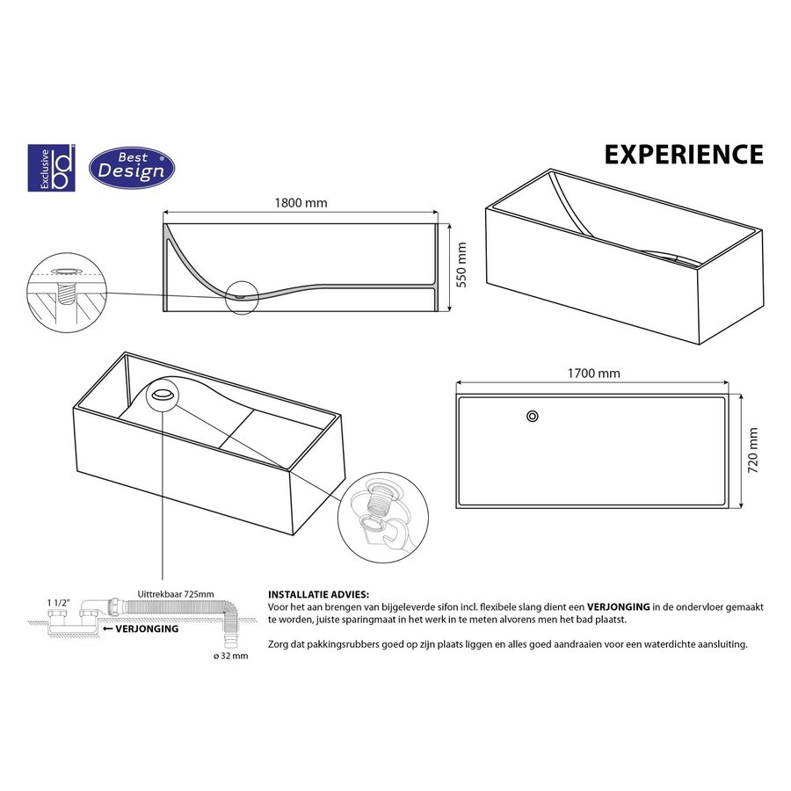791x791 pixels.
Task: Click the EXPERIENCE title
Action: [x=683, y=154]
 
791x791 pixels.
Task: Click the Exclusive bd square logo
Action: [x=52, y=167]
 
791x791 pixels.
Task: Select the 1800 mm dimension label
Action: [x=301, y=203]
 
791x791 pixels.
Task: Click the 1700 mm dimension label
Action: [x=593, y=373]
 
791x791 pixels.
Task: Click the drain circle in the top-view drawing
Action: [x=532, y=416]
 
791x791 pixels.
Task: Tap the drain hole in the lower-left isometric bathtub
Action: [x=163, y=395]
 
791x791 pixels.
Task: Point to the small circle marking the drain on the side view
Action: [x=240, y=295]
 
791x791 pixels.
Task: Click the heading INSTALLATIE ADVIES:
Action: [x=318, y=595]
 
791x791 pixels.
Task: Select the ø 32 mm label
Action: [x=231, y=656]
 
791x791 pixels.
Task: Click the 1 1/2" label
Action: [x=57, y=602]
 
